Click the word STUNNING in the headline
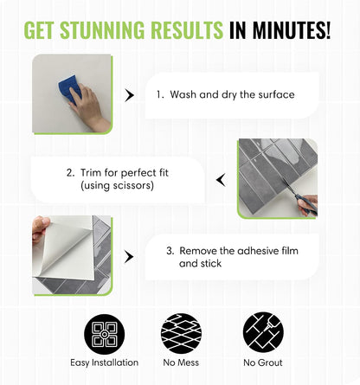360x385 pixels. (102, 29)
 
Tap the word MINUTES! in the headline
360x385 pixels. (292, 29)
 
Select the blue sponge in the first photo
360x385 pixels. (68, 89)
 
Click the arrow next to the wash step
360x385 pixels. (129, 95)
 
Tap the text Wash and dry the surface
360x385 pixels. (232, 94)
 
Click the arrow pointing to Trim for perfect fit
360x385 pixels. (221, 180)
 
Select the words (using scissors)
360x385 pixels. (117, 185)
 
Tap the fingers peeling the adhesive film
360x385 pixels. (41, 229)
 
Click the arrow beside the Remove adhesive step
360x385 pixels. (129, 257)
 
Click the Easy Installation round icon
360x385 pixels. (105, 334)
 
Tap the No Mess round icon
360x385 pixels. (181, 334)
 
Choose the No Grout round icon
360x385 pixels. (263, 332)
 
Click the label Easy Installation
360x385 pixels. (105, 363)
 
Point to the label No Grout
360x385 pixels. (263, 363)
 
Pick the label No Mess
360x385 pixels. (181, 363)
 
